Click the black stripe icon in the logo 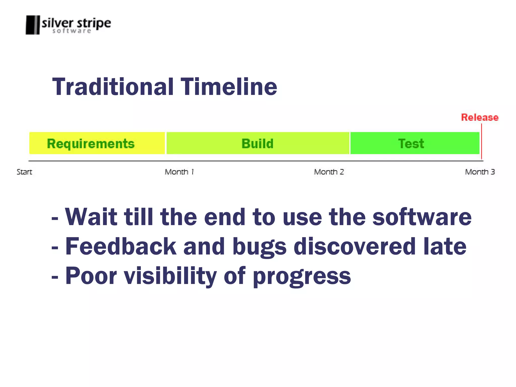point(33,25)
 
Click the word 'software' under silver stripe point(72,31)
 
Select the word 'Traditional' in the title point(113,87)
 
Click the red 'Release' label point(480,118)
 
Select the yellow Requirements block point(97,143)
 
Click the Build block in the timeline point(257,143)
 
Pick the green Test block point(415,143)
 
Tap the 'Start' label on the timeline point(24,172)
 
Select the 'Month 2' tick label point(329,172)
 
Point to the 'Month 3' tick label point(480,172)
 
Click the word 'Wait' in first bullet point(91,217)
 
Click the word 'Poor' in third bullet point(91,276)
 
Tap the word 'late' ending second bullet point(445,247)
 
